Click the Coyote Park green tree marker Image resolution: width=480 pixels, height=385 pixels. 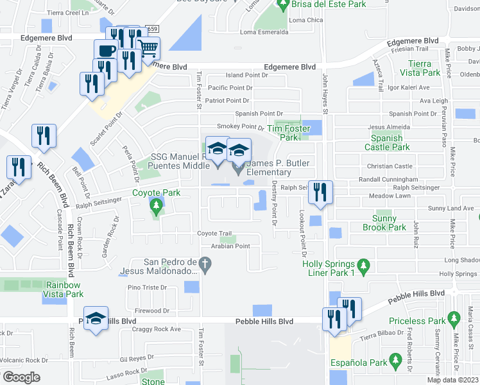[155, 205]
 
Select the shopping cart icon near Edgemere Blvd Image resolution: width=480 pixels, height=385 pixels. [148, 47]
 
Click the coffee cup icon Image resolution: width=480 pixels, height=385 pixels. [106, 51]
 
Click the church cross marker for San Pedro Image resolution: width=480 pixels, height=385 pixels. [205, 264]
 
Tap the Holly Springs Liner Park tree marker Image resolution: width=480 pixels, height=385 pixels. [364, 264]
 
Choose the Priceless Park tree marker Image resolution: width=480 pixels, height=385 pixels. [455, 318]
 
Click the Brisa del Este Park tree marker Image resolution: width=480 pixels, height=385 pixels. [283, 5]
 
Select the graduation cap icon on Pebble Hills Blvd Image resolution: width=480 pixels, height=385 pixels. [95, 318]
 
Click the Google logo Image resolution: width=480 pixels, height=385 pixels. [21, 377]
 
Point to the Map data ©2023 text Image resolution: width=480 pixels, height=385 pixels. [452, 380]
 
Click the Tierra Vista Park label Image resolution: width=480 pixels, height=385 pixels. [420, 68]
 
